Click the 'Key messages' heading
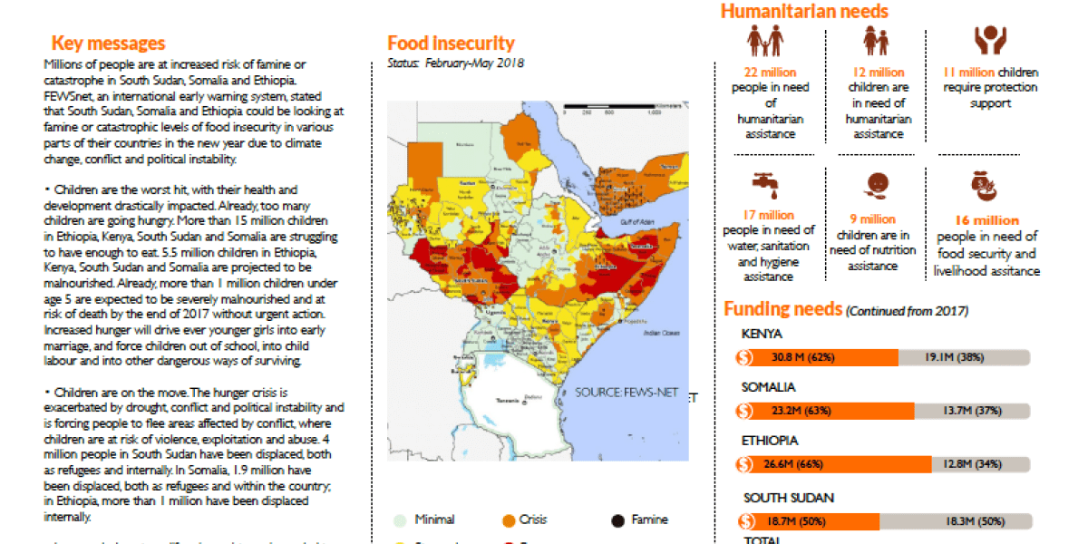(108, 44)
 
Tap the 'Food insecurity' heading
(451, 44)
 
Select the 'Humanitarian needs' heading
(804, 12)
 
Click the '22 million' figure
(770, 73)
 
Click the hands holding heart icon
(990, 41)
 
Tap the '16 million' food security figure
(986, 220)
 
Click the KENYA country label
(763, 334)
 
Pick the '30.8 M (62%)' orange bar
(819, 357)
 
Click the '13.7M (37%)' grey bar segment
(970, 411)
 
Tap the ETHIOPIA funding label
(771, 441)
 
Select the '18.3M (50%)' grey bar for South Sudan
(954, 522)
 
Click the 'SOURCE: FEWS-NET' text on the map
(622, 393)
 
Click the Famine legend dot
(618, 520)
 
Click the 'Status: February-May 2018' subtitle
(455, 63)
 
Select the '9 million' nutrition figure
(872, 219)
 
